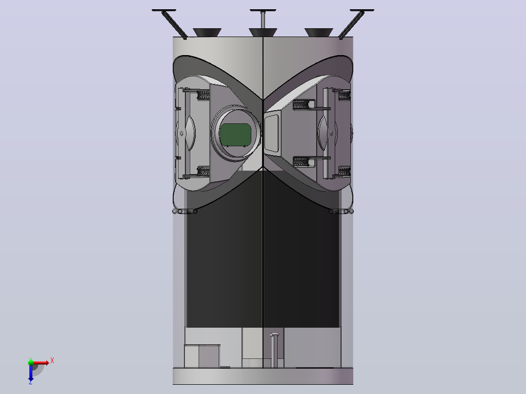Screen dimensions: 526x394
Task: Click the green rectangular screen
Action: coord(235,135)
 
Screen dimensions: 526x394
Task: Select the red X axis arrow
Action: coord(40,362)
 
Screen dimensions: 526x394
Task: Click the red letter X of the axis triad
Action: coord(52,361)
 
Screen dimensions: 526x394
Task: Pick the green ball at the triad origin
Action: coord(31,362)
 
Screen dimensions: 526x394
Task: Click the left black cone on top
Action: coord(207,32)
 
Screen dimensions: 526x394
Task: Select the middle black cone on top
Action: coord(263,32)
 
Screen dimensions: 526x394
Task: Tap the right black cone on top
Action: coord(319,32)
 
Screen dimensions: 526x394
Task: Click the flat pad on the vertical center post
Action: coord(263,10)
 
